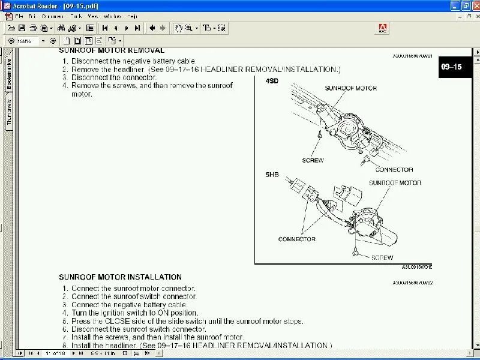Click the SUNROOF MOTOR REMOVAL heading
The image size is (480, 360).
112,51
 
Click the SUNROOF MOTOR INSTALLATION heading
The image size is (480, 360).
120,277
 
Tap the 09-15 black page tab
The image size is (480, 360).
451,67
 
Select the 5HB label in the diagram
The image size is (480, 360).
273,175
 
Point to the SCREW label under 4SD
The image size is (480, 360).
313,160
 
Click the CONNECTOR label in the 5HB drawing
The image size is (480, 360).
296,239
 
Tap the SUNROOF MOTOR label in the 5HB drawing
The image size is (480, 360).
394,183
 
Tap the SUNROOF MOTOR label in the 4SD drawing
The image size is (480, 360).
350,88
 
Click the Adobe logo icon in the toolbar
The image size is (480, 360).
382,28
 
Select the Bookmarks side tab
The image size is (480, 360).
8,74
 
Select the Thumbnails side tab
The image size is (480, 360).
8,112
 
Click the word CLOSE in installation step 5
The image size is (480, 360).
119,321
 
